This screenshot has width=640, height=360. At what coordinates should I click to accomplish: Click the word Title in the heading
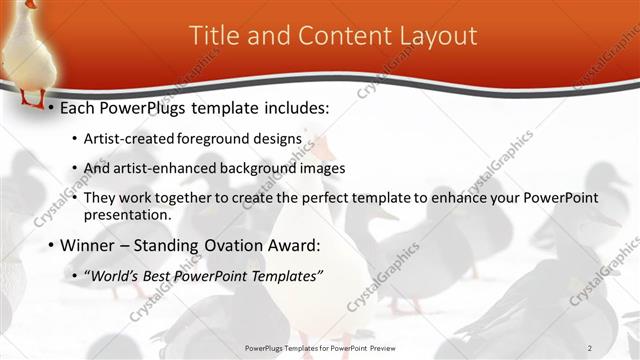tap(212, 36)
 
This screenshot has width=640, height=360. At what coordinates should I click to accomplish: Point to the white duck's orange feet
tap(33, 101)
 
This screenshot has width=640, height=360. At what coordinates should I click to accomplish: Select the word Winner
tap(87, 245)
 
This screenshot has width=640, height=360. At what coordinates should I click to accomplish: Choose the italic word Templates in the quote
tap(287, 275)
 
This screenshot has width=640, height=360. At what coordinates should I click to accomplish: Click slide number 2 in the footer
tap(590, 347)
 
